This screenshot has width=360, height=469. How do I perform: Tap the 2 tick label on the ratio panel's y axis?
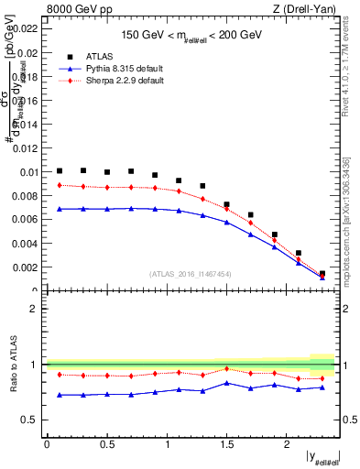click(34, 309)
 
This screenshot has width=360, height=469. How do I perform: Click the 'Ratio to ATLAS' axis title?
click(12, 365)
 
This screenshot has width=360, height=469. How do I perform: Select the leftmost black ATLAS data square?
click(60, 170)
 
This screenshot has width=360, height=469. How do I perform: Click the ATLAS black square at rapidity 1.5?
click(226, 204)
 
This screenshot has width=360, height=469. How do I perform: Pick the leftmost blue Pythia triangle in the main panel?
click(60, 209)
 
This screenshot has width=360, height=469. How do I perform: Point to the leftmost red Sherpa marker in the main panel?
click(60, 185)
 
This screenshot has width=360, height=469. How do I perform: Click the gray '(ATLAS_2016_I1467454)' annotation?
click(191, 273)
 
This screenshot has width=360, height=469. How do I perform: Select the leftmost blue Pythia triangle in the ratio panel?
click(60, 395)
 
